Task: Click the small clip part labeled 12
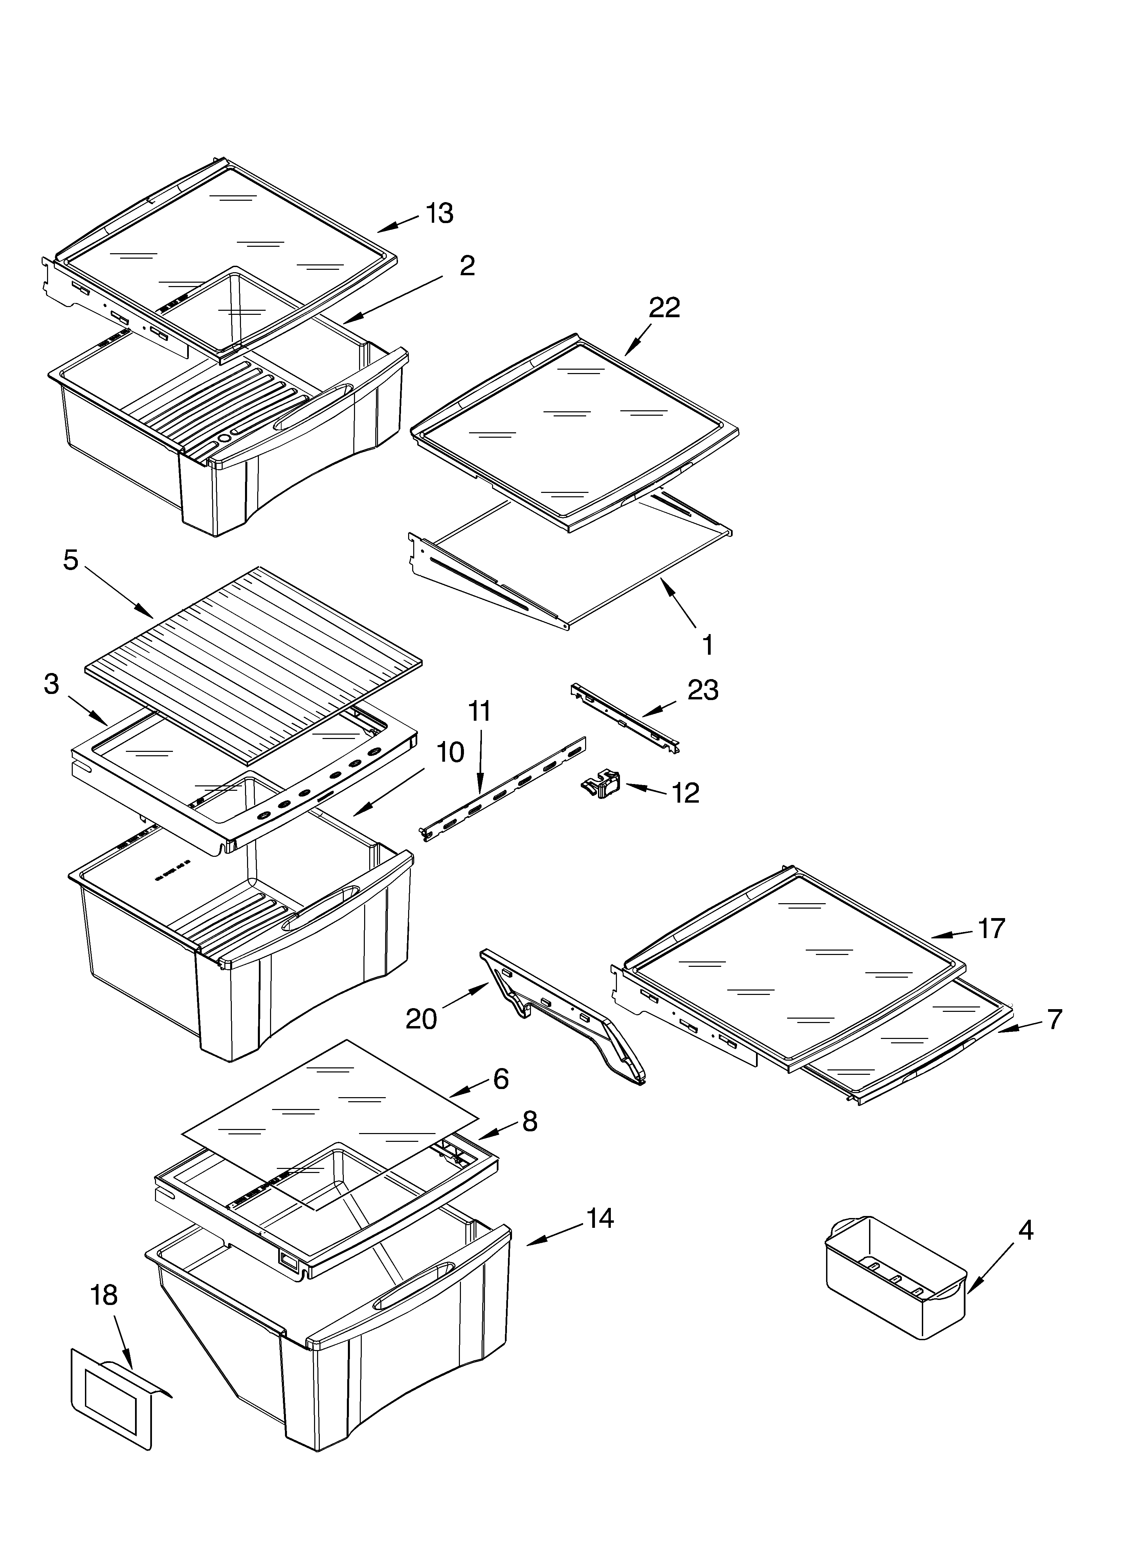point(600,785)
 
